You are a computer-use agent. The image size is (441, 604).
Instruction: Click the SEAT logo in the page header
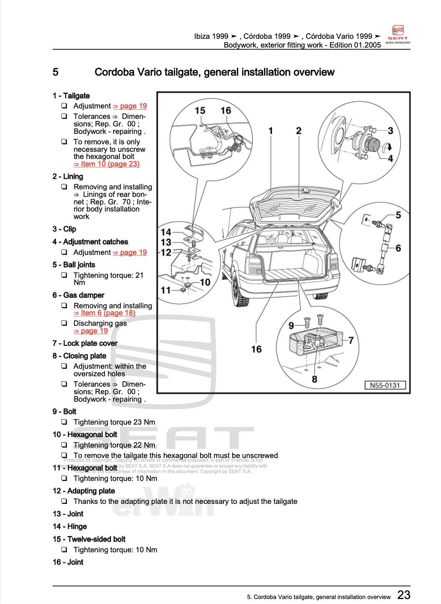coord(397,35)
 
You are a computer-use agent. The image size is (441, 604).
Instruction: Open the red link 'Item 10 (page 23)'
coord(106,164)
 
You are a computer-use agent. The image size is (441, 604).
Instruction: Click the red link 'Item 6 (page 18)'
coord(104,313)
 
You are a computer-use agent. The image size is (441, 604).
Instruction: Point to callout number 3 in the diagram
coord(390,131)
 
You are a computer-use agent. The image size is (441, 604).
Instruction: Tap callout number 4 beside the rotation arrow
coord(390,158)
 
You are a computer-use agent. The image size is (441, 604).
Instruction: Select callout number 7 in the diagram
coord(351,340)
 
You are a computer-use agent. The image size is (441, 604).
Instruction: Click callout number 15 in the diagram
coord(200,111)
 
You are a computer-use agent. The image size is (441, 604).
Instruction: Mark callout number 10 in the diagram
coord(205,282)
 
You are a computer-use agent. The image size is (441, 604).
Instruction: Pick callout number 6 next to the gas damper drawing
coord(398,248)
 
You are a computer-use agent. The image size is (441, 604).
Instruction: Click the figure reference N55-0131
coord(385,385)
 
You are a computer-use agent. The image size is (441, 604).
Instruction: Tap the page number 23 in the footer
coord(403,594)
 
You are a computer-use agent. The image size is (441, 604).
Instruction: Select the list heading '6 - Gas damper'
coord(79,295)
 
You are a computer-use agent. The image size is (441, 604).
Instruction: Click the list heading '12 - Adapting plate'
coord(84,491)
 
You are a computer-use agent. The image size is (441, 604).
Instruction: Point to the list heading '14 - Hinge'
coord(70,526)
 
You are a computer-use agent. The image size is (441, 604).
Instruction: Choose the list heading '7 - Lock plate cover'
coord(85,343)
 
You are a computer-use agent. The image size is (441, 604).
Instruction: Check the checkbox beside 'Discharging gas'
coord(64,323)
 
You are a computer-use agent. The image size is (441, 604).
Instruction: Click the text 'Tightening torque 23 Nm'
coord(114,422)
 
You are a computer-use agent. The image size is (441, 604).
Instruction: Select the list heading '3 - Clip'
coord(64,229)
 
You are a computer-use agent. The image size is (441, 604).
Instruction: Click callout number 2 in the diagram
coord(299,131)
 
